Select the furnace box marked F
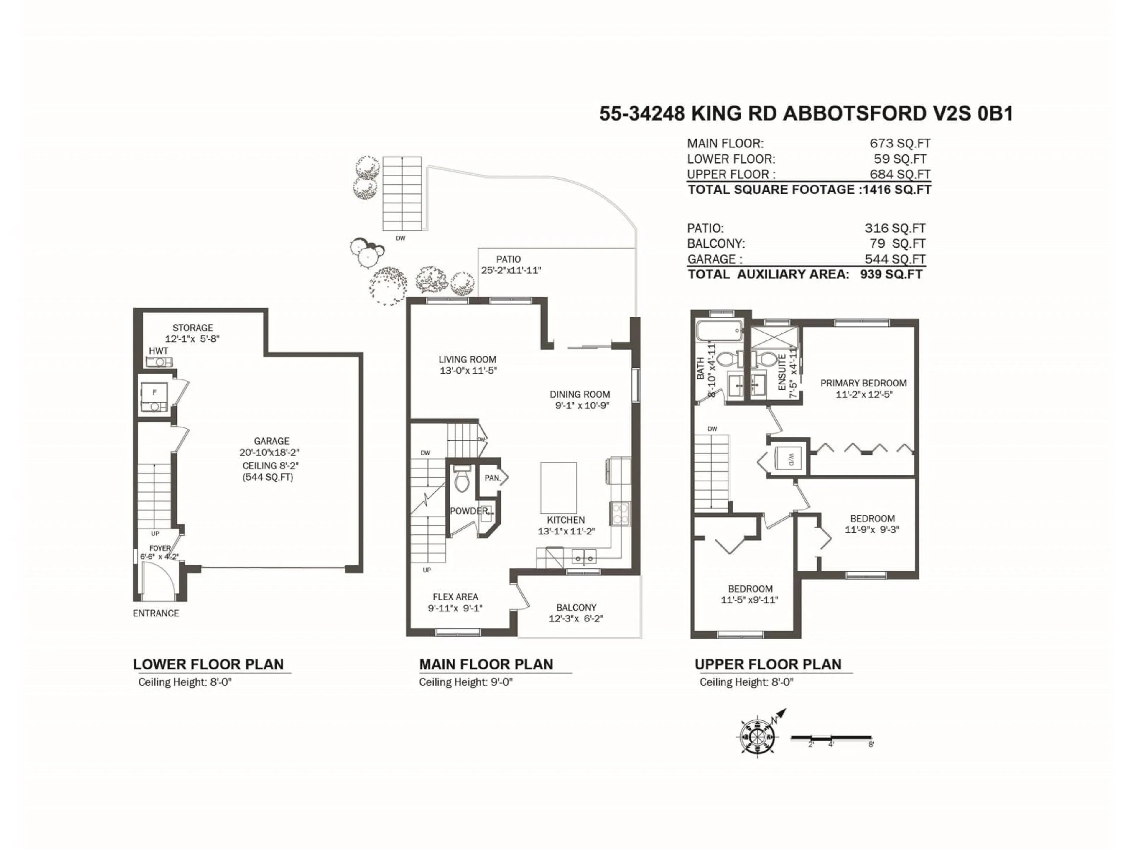point(154,393)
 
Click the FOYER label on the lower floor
point(160,548)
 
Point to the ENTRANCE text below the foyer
point(156,613)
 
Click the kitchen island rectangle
point(558,487)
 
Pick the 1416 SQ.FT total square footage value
point(896,190)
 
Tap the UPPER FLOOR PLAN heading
point(768,664)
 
